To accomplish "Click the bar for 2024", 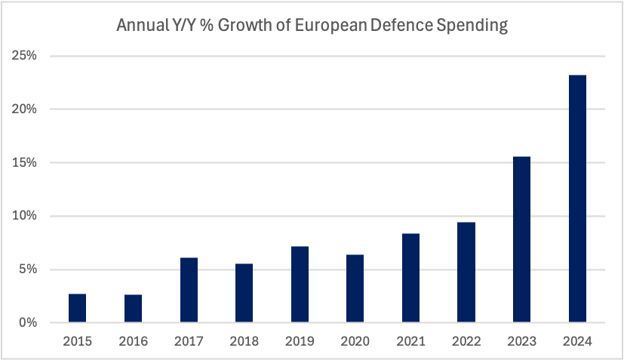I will tap(577, 199).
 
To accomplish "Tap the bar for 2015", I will tap(78, 308).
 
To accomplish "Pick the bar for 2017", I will tap(189, 291).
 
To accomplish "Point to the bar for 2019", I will tap(300, 285).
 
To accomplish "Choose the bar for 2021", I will tap(410, 278).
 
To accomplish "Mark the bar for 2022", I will tap(466, 272).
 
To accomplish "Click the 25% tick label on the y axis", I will tap(28, 56).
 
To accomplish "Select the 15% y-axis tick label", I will tap(28, 163).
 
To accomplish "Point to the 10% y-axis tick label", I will tap(28, 217).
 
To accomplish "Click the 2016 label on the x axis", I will tap(133, 341).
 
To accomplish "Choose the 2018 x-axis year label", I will tap(244, 341).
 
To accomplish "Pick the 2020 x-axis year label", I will tap(355, 341).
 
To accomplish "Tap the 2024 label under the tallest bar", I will tap(577, 341).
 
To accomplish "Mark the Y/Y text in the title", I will tap(181, 26).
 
